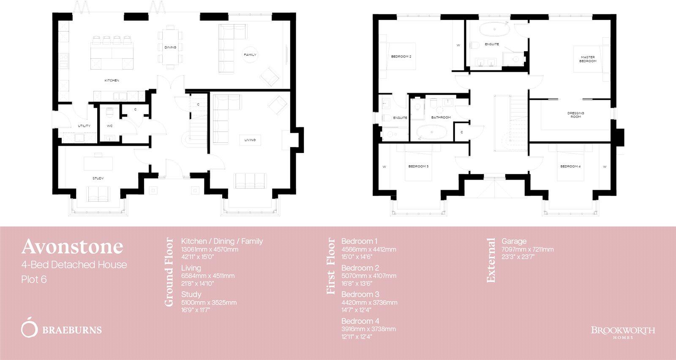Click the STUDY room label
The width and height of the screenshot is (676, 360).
point(98,178)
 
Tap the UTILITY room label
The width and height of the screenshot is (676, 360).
point(84,126)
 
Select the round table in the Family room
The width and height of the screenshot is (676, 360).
point(250,55)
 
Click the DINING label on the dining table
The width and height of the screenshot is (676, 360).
point(170,47)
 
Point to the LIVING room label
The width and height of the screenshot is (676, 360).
point(250,140)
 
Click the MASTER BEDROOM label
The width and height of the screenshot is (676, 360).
point(588,59)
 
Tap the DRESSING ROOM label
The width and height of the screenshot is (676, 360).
point(575,115)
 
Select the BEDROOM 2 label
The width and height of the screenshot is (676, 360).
point(401,57)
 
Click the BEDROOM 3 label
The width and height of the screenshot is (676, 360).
point(418,166)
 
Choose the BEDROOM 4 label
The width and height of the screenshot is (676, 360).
point(570,166)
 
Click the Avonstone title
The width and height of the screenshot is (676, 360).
point(72,246)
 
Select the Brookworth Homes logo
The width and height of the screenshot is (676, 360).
point(623,332)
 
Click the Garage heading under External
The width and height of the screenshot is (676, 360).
point(514,241)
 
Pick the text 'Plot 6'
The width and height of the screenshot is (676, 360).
point(34,280)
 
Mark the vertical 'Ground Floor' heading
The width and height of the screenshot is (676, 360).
point(169,272)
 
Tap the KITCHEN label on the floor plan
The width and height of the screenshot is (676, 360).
point(112,80)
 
